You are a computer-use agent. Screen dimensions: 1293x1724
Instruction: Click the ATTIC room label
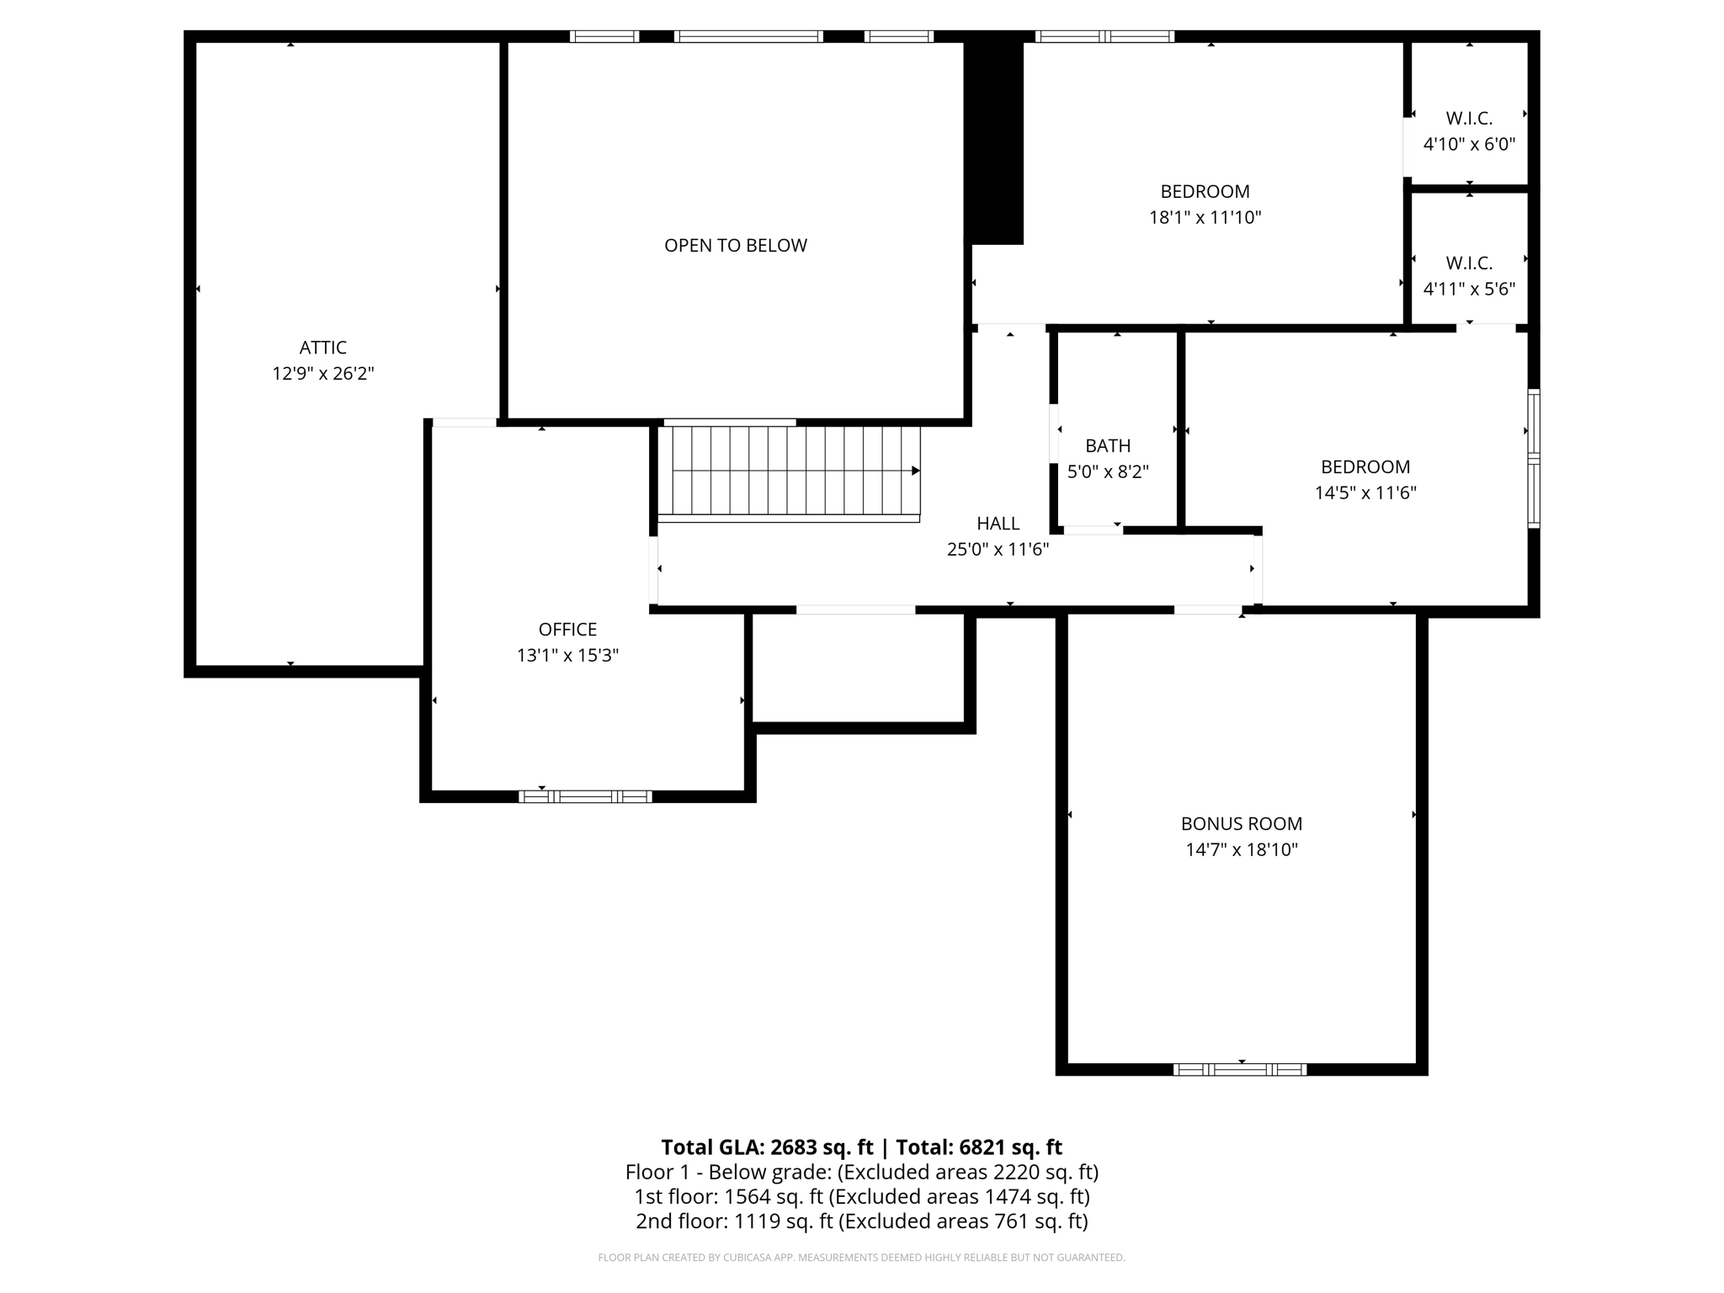[x=322, y=348]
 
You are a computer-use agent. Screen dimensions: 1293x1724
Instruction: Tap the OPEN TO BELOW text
[x=735, y=245]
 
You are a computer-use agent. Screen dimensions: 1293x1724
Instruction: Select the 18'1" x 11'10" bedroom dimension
[x=1205, y=218]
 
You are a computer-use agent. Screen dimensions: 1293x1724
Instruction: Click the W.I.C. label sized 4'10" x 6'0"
[x=1469, y=119]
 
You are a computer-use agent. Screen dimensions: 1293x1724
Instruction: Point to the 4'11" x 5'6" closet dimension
[x=1469, y=290]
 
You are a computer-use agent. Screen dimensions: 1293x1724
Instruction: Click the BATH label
[x=1108, y=446]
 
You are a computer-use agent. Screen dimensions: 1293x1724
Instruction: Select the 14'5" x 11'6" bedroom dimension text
[x=1365, y=493]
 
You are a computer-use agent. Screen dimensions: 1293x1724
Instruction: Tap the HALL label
[x=998, y=524]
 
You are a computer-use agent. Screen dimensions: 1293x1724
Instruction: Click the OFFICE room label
[x=567, y=630]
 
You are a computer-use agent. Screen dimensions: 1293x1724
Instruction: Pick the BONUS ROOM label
[x=1241, y=824]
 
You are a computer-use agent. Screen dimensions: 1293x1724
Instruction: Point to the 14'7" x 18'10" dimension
[x=1241, y=850]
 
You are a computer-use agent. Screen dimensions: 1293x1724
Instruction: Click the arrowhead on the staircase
[x=916, y=471]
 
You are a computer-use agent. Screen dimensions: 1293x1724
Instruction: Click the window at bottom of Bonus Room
[x=1240, y=1070]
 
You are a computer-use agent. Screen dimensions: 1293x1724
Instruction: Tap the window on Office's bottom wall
[x=585, y=796]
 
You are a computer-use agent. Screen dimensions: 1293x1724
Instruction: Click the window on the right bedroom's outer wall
[x=1534, y=459]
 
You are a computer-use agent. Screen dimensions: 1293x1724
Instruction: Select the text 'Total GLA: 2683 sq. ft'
[x=766, y=1147]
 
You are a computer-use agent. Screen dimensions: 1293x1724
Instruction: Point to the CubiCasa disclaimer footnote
[x=861, y=1258]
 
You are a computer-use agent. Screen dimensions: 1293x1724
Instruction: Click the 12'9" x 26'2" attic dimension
[x=322, y=374]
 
